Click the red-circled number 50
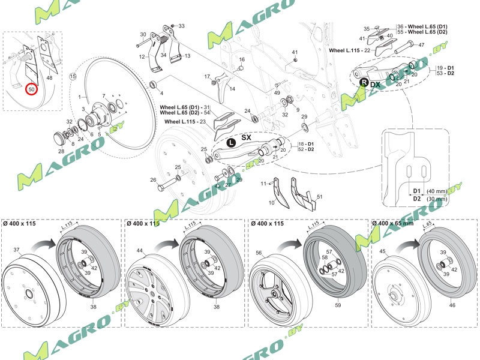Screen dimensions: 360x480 32,89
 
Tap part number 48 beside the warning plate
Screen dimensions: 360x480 49,78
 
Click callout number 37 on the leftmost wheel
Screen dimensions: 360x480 17,250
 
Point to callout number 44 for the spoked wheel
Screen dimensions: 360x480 139,250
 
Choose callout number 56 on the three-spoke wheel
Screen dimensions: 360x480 259,254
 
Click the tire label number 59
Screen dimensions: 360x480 338,305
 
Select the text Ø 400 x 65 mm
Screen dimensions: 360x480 393,223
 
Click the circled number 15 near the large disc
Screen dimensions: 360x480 73,77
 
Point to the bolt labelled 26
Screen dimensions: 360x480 153,180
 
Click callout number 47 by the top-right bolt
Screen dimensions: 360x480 421,45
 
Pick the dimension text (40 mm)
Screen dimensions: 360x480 436,191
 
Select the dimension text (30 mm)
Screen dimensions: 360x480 436,199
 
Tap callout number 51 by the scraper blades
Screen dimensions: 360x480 320,197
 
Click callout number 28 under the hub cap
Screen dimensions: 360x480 61,151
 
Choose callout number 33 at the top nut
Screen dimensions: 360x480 182,26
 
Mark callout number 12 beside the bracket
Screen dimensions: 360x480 143,56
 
